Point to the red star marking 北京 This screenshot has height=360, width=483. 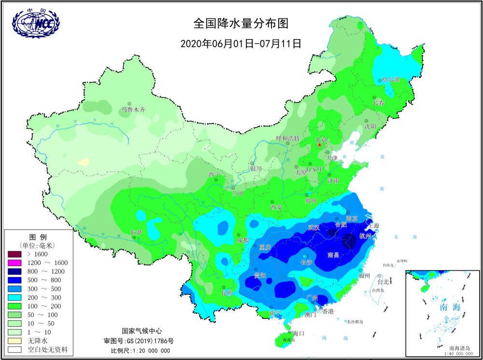pos(319,145)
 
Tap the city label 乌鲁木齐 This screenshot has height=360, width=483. pos(133,110)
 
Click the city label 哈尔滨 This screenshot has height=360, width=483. pos(391,79)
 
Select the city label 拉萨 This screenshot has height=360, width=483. pos(137,232)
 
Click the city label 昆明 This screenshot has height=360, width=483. pos(227,293)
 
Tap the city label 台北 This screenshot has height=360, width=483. pos(383,282)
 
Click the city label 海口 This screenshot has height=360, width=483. pos(298,333)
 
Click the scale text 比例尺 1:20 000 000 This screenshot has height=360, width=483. pos(141,350)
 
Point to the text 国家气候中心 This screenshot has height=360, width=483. pos(141,331)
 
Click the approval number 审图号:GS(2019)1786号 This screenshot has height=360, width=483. pos(141,341)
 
